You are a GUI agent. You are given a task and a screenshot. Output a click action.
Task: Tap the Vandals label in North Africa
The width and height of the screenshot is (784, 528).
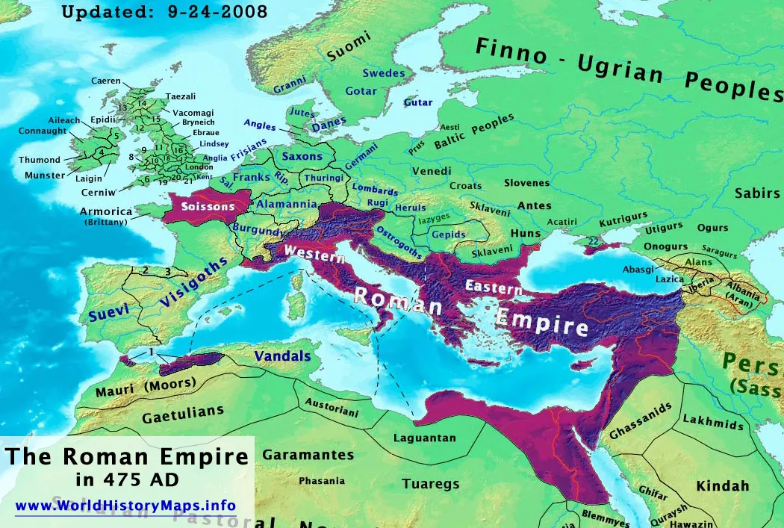pos(282,357)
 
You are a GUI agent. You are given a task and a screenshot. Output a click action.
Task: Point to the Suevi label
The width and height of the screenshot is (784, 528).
pos(109,312)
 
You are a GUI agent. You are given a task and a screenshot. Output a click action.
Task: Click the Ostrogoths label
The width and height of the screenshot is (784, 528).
pos(399,240)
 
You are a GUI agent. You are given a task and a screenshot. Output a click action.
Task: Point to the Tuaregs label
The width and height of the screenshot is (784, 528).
pos(430,484)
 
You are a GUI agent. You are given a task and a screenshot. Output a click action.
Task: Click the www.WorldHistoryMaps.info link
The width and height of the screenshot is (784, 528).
pos(125,506)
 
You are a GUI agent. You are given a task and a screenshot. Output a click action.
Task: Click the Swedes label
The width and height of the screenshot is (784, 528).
pos(384,73)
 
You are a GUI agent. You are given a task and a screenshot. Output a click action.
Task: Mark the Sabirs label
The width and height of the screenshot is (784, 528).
pos(756,193)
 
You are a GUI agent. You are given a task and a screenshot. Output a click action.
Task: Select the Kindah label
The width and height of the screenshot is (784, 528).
pos(722,486)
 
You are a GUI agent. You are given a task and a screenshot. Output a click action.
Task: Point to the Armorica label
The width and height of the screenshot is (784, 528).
pos(106,212)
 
